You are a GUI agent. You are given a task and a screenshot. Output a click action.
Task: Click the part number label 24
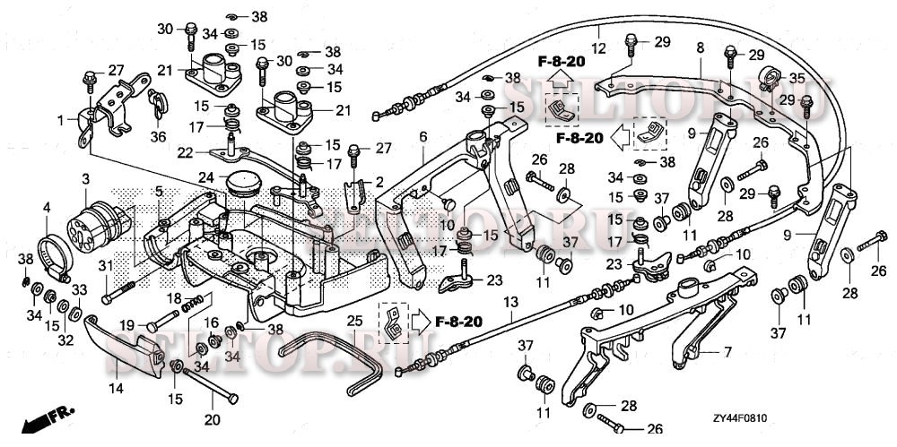(205, 178)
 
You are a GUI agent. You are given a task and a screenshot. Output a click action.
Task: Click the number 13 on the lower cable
(510, 302)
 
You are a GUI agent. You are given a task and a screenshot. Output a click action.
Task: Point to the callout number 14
(116, 387)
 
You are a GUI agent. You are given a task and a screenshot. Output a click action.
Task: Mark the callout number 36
(158, 137)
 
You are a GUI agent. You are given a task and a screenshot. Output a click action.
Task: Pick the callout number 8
(700, 47)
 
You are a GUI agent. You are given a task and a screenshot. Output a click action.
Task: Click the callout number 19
(127, 324)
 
